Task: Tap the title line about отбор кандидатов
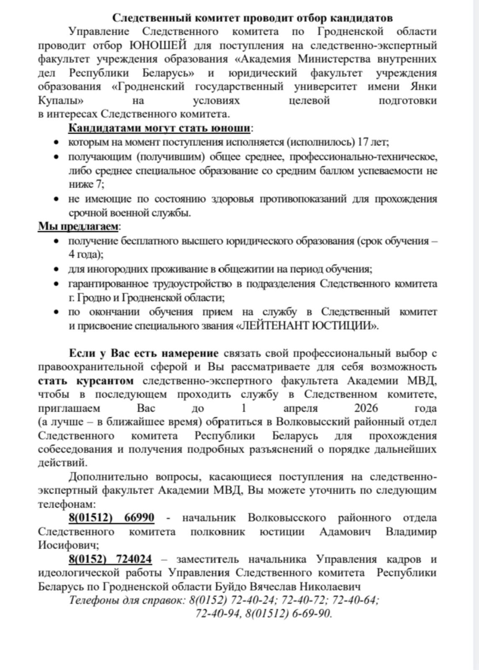tap(252, 18)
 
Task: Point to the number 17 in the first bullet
tap(363, 142)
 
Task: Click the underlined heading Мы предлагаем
tap(78, 226)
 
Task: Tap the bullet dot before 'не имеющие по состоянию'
tap(56, 199)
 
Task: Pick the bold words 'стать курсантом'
tap(86, 381)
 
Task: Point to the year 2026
tap(366, 408)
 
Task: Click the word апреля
tap(300, 408)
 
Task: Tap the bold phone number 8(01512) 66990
tap(111, 518)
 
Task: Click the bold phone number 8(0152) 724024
tap(110, 559)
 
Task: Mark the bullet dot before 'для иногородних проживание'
tap(56, 269)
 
